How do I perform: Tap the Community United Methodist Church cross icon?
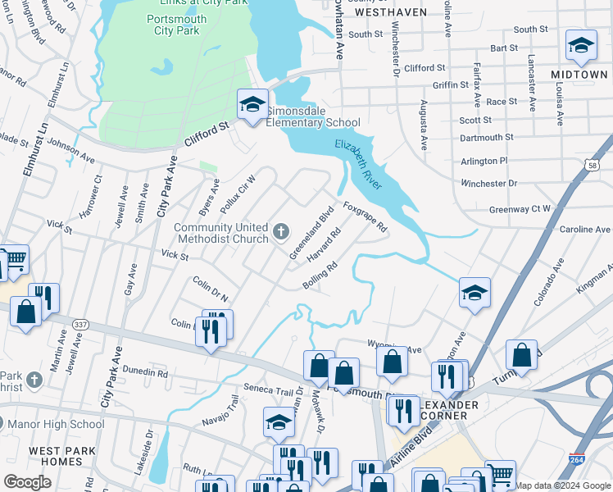281,232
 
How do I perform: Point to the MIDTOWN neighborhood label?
579,74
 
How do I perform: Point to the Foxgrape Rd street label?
365,217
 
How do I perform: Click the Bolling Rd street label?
320,276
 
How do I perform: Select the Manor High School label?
66,424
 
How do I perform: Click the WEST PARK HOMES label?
56,456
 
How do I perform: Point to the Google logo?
27,481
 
